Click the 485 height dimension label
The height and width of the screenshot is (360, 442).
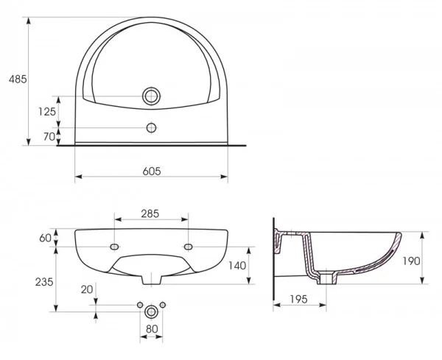(18, 80)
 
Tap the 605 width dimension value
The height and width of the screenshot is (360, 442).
(152, 171)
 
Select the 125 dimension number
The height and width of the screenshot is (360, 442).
(47, 112)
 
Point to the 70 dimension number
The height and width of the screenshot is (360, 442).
(49, 137)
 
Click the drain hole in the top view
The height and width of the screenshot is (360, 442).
(151, 96)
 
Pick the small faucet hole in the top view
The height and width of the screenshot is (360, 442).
(151, 128)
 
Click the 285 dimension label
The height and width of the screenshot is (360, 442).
(150, 213)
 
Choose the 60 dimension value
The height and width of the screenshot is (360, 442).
(45, 238)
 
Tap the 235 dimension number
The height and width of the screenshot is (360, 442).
(44, 282)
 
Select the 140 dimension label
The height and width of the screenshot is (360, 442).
(237, 265)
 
